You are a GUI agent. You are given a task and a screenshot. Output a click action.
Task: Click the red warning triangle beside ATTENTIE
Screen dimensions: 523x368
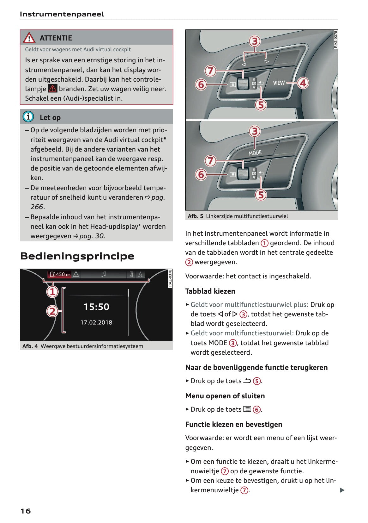[29, 38]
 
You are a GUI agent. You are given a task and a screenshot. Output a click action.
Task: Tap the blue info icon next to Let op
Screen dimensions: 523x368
[28, 117]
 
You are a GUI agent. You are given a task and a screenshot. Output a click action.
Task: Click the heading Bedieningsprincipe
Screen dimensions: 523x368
[77, 256]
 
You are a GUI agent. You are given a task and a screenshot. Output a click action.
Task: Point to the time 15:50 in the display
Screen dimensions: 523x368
[96, 307]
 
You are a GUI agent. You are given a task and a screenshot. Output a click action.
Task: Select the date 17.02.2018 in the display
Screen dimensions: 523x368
[96, 322]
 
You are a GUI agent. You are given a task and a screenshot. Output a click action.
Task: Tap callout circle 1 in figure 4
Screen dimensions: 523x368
[52, 291]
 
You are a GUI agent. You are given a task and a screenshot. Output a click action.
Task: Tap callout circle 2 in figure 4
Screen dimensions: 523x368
[52, 311]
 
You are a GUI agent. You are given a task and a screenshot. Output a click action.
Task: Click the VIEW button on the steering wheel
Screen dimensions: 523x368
[279, 83]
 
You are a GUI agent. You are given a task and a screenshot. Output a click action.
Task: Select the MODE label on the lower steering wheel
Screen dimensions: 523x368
[255, 153]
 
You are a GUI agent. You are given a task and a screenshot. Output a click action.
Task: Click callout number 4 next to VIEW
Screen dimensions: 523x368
[303, 83]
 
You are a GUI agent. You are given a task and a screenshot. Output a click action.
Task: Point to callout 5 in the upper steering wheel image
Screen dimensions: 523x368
[261, 105]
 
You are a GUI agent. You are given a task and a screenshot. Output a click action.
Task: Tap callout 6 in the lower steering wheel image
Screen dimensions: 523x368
[201, 174]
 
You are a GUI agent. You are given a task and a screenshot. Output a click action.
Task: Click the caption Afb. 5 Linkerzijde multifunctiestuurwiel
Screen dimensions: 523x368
[238, 216]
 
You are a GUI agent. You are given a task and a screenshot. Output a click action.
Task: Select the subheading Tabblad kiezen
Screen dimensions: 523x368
[210, 291]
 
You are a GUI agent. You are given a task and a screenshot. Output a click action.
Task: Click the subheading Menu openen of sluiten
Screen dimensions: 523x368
[225, 396]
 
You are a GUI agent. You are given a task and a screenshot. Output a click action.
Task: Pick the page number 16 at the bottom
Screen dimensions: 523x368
[26, 511]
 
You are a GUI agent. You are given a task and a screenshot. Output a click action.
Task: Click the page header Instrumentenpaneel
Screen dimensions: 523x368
[62, 14]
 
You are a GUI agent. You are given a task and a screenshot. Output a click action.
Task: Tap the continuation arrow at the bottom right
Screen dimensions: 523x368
[342, 490]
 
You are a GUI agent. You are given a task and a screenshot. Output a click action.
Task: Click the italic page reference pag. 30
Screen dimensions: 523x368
[92, 236]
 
